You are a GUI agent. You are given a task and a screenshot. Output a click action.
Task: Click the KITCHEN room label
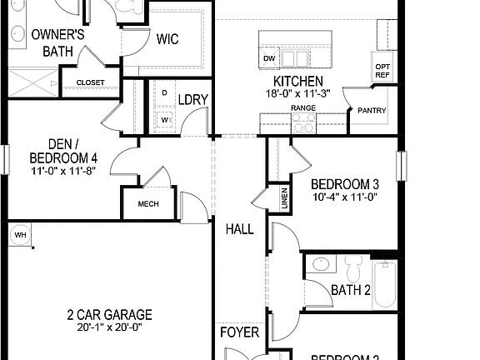pyautogui.click(x=299, y=81)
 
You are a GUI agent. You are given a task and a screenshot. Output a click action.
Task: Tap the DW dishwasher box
pyautogui.click(x=269, y=59)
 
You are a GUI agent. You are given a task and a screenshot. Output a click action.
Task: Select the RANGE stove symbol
pyautogui.click(x=304, y=122)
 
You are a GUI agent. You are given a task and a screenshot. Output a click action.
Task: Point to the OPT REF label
pyautogui.click(x=382, y=71)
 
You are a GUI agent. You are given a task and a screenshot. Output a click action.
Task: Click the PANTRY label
pyautogui.click(x=372, y=110)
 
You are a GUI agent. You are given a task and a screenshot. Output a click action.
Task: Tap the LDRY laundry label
pyautogui.click(x=193, y=99)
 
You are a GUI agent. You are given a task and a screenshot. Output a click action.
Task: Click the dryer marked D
pyautogui.click(x=164, y=92)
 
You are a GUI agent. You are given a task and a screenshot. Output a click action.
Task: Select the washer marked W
pyautogui.click(x=165, y=119)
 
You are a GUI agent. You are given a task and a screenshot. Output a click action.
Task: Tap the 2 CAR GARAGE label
pyautogui.click(x=110, y=314)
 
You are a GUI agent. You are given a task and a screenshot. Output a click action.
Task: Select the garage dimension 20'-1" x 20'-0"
pyautogui.click(x=110, y=327)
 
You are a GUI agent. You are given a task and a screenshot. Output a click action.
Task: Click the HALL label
pyautogui.click(x=239, y=229)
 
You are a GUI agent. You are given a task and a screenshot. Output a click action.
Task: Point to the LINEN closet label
pyautogui.click(x=285, y=198)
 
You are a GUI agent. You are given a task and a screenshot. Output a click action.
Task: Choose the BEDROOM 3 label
pyautogui.click(x=345, y=184)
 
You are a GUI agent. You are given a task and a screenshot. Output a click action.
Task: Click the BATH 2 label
pyautogui.click(x=351, y=290)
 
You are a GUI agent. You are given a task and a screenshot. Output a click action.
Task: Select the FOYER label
pyautogui.click(x=239, y=332)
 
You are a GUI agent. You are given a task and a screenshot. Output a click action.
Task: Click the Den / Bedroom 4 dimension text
pyautogui.click(x=62, y=171)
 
